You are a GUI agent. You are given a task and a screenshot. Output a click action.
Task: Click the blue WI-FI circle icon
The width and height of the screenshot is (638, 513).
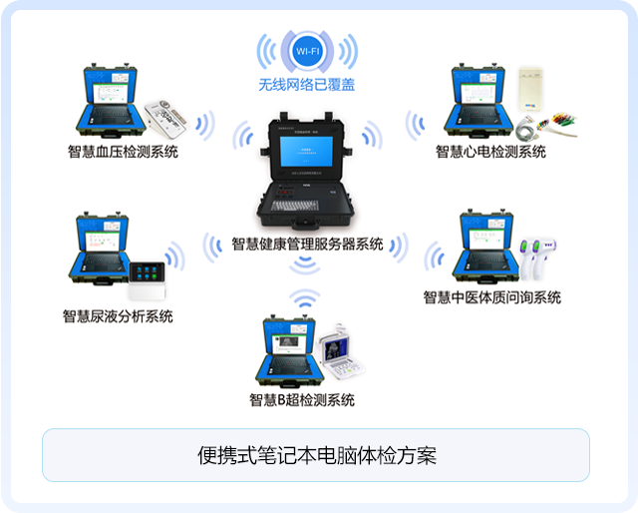[x=305, y=50]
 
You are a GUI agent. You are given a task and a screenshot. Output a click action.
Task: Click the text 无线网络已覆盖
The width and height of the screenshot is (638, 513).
[x=306, y=86]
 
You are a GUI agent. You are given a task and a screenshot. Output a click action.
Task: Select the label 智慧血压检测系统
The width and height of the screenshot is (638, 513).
[x=123, y=153]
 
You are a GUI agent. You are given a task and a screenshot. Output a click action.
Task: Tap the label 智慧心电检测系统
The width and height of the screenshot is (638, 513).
[x=490, y=152]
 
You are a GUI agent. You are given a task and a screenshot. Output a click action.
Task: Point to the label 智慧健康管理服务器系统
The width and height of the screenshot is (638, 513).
[x=307, y=244]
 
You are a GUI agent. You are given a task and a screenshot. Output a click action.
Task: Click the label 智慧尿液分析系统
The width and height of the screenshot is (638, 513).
[x=118, y=316]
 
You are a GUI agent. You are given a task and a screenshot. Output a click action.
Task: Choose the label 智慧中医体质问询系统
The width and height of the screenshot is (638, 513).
[x=491, y=297]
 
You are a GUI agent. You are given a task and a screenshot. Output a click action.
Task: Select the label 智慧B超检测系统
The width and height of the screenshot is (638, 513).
[x=302, y=400]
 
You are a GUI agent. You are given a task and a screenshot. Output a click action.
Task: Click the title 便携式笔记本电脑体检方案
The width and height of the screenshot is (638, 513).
[x=316, y=456]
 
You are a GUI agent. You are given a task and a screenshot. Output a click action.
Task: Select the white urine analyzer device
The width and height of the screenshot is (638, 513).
[x=152, y=280]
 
